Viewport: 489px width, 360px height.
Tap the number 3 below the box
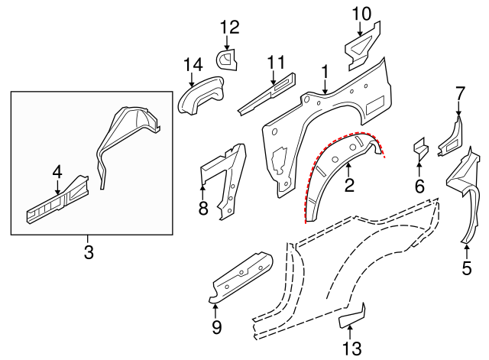(89, 252)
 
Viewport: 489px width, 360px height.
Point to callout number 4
(57, 173)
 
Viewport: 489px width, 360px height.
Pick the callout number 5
(467, 268)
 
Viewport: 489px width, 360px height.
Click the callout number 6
(419, 186)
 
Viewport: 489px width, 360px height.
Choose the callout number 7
(459, 93)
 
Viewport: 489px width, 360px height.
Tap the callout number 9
(215, 328)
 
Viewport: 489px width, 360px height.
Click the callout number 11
(275, 60)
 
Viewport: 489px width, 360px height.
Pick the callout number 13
(349, 348)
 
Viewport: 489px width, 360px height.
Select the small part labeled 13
(353, 315)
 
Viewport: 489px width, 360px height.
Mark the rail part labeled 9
(241, 277)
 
